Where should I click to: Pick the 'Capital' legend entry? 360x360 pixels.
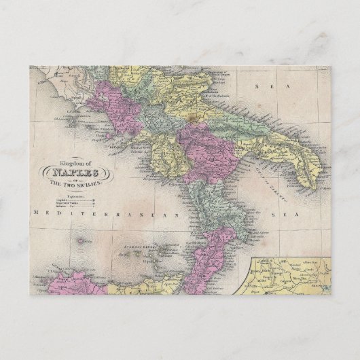tap(67, 198)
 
